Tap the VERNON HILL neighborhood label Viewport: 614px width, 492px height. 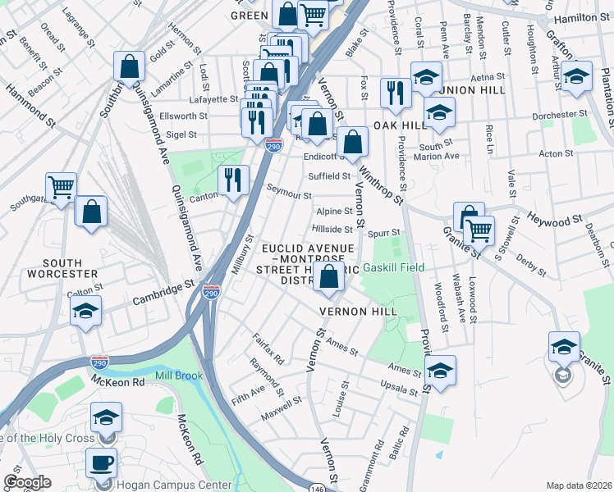coord(358,312)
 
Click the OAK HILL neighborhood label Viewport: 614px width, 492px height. coord(401,125)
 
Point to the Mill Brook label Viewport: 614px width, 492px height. coord(178,376)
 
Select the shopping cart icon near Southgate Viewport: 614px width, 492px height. coord(61,188)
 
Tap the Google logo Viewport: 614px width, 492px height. coord(27,482)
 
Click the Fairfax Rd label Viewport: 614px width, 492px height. coord(268,353)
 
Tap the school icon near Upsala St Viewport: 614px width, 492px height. coord(439,371)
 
